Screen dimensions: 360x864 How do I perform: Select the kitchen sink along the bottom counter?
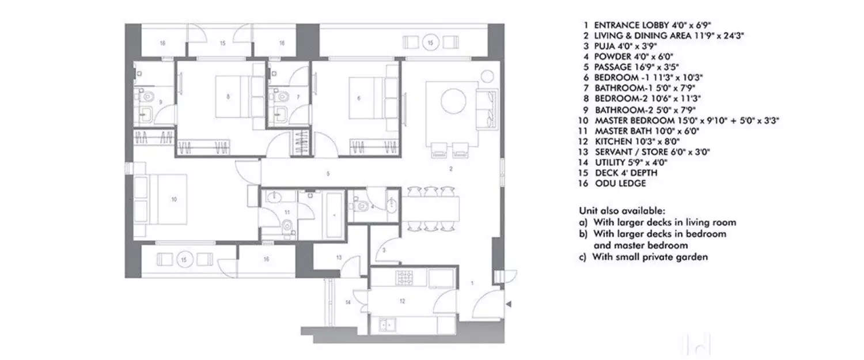point(387,326)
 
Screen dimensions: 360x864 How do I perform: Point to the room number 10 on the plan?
point(173,199)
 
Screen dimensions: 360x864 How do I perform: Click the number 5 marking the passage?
point(327,173)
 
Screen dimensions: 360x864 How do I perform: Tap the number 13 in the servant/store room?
point(339,257)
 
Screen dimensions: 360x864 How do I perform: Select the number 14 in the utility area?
point(348,302)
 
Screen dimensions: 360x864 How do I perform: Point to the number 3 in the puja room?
point(384,250)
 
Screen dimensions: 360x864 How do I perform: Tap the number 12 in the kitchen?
point(403,301)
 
